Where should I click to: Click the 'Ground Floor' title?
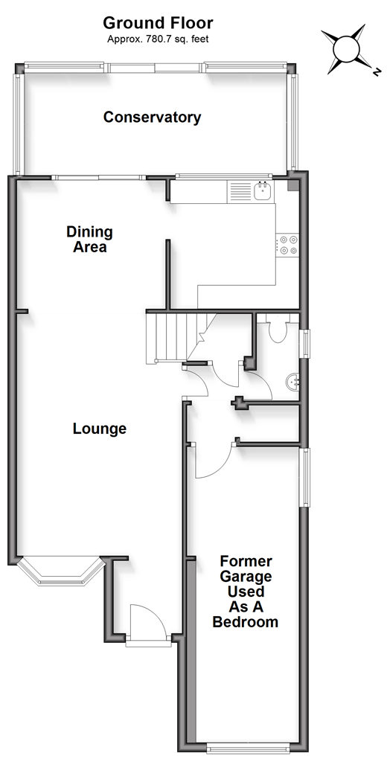pyautogui.click(x=158, y=23)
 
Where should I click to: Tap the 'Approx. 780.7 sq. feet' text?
pyautogui.click(x=158, y=39)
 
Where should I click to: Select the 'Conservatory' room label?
pyautogui.click(x=152, y=117)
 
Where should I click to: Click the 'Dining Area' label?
pyautogui.click(x=89, y=239)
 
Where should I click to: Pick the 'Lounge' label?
pyautogui.click(x=99, y=429)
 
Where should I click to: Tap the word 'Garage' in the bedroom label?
pyautogui.click(x=246, y=577)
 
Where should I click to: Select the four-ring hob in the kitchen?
pyautogui.click(x=288, y=245)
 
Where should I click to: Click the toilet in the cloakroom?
pyautogui.click(x=278, y=330)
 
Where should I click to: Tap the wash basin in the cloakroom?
pyautogui.click(x=293, y=382)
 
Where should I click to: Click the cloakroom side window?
pyautogui.click(x=306, y=345)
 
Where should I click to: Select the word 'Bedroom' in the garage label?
pyautogui.click(x=246, y=621)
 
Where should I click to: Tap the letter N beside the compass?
pyautogui.click(x=376, y=72)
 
